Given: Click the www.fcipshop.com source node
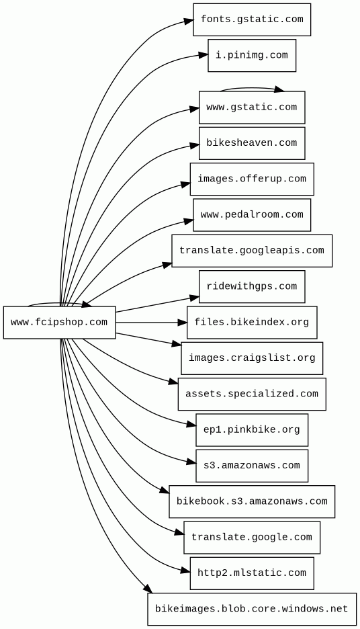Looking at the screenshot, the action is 59,322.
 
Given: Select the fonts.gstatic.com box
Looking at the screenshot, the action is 252,19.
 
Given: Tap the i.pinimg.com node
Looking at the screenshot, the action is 252,55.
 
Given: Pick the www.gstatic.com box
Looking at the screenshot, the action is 252,107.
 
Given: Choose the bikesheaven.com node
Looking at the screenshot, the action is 252,143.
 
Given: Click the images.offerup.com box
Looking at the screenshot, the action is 252,179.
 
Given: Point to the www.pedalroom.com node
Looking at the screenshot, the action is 252,214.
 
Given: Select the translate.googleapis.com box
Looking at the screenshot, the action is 252,251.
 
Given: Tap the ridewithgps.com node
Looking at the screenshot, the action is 252,286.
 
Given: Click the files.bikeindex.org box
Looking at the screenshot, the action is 252,322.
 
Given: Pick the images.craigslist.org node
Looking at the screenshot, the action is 252,358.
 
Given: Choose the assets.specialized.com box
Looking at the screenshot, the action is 252,394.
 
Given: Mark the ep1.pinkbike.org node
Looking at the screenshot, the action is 252,429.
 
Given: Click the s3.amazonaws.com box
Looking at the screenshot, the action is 252,466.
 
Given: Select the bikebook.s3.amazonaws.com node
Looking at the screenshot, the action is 252,501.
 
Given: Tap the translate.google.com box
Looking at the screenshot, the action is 252,537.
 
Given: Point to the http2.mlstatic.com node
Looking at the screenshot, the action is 252,573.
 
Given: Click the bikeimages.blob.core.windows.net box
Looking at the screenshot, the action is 252,609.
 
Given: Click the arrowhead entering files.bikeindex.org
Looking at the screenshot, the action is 182,322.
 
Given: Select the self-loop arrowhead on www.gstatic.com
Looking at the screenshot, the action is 279,89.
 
